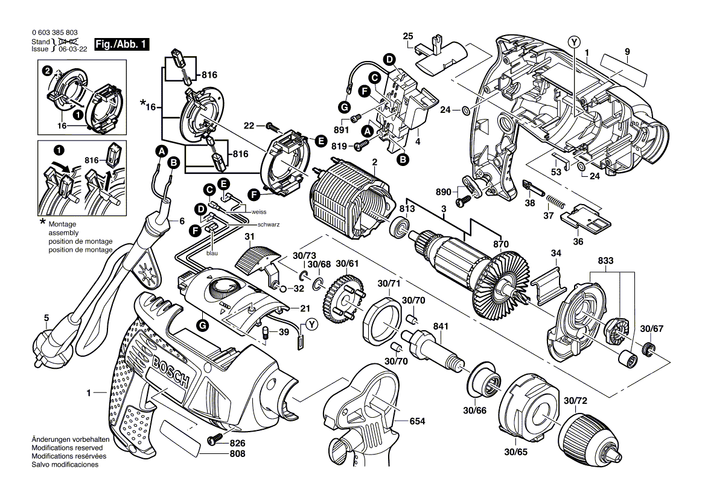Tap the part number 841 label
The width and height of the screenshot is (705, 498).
coord(441,327)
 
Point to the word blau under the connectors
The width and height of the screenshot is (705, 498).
coord(212,254)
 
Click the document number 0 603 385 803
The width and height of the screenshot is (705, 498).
coord(53,33)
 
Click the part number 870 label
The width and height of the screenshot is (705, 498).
coord(500,243)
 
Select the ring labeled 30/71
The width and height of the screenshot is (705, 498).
coord(382,318)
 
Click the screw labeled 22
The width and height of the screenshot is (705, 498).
coord(273,127)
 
